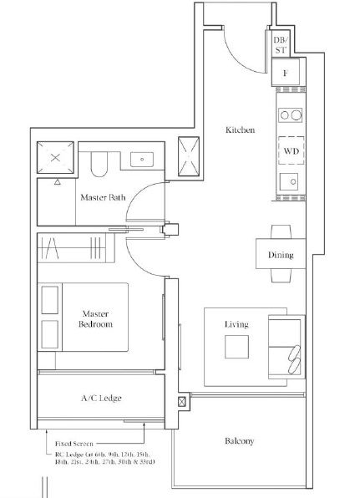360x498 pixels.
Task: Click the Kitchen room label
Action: point(240,130)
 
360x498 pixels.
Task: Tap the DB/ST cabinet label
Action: point(281,45)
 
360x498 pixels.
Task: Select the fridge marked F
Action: point(286,73)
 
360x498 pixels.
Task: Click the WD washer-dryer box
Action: point(292,150)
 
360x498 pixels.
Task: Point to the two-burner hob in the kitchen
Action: point(290,115)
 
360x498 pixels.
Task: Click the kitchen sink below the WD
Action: point(289,181)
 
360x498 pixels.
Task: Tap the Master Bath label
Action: point(103,197)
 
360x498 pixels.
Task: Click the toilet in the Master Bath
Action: point(99,164)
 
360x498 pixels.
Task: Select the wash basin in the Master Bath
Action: point(142,160)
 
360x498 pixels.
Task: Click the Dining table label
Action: point(281,255)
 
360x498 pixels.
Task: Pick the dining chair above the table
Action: point(281,231)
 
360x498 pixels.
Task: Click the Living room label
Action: point(236,324)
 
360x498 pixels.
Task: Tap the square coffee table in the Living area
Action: point(237,347)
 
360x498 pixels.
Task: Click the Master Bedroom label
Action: point(95,319)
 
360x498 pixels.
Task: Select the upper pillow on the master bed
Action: point(50,300)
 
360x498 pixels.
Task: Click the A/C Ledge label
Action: point(101,398)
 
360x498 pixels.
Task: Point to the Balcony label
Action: point(240,441)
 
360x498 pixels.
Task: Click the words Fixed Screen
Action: point(74,444)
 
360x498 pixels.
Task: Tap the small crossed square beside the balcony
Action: point(181,402)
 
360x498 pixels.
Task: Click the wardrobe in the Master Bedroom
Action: point(76,247)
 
